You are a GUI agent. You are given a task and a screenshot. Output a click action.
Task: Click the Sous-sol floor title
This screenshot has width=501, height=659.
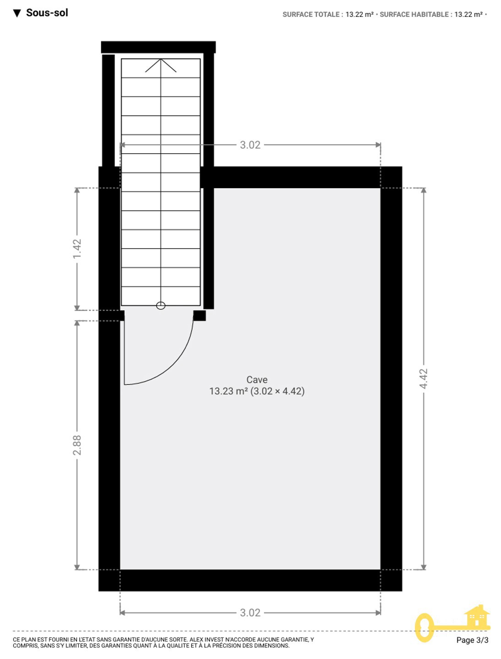point(47,13)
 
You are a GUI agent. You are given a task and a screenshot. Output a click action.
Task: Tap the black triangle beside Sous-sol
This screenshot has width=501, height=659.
point(17,13)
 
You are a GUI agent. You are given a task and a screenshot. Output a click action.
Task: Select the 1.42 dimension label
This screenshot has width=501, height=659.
point(77,248)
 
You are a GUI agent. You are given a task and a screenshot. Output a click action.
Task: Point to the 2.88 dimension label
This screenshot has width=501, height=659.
point(77,445)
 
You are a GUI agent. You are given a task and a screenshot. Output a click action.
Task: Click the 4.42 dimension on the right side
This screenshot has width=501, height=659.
point(424,378)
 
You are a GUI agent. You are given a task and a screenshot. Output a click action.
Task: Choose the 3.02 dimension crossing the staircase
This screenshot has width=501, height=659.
point(250,145)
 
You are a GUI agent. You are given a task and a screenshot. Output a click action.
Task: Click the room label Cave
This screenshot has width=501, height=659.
point(257,379)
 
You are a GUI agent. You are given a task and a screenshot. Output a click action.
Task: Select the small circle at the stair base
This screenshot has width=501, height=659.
point(161,306)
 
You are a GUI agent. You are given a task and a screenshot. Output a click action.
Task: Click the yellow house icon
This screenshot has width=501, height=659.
point(477,616)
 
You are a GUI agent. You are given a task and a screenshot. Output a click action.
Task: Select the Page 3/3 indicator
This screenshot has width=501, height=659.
point(472,640)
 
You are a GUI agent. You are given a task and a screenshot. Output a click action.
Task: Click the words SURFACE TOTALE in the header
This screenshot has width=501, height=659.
point(311,15)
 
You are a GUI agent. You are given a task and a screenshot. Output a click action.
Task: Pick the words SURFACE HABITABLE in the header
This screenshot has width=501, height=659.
point(414,15)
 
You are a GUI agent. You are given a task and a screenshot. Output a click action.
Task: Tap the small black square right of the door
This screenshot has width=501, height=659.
point(200,315)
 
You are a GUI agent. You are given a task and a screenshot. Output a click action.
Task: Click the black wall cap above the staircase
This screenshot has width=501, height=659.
point(158,47)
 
